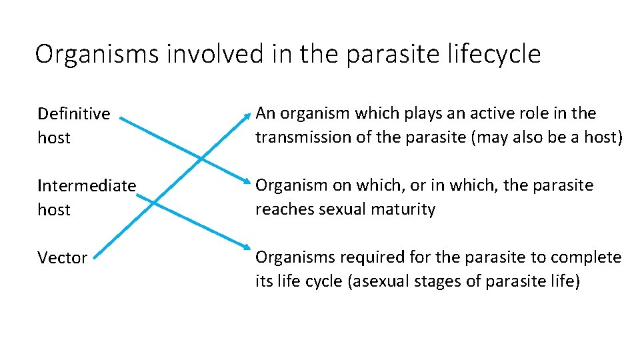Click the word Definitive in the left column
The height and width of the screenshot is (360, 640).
tap(73, 114)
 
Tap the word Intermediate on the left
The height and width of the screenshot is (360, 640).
tap(87, 185)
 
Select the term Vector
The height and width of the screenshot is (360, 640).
tap(62, 258)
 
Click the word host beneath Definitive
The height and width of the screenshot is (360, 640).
tap(54, 138)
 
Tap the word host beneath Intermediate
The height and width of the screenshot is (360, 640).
tap(54, 209)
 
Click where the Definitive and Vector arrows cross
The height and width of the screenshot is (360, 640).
tap(201, 159)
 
